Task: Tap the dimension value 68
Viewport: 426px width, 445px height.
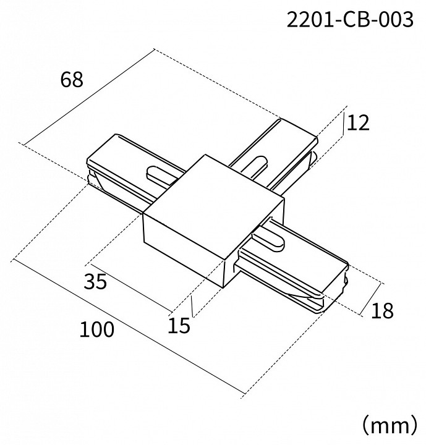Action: coord(72,80)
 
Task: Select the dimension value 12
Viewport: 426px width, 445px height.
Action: coord(358,123)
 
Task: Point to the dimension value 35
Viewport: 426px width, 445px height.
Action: coord(95,281)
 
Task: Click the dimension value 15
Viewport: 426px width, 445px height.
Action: coord(179,325)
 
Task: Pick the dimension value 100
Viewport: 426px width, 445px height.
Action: coord(97,329)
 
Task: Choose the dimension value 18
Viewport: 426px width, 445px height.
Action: coord(382,310)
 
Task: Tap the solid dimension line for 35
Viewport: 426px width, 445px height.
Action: coord(131,288)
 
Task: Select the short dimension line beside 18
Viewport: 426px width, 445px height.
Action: coord(370,299)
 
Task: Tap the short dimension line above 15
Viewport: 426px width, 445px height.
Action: coord(192,306)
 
